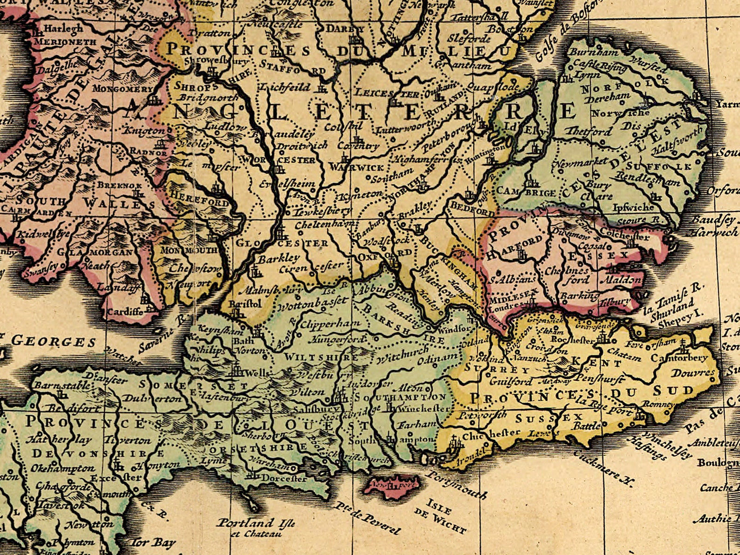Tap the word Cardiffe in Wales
[125, 311]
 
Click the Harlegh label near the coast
[63, 29]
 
